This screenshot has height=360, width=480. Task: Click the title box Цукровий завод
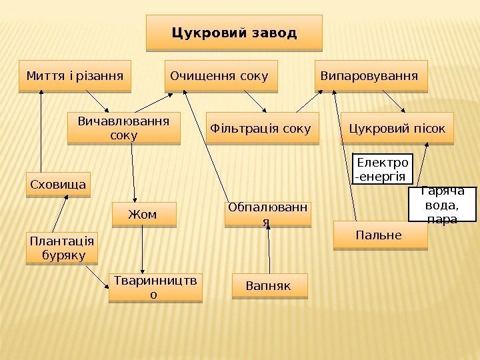[233, 33]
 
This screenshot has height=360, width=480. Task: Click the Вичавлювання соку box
[124, 128]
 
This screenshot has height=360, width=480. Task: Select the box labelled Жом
[144, 215]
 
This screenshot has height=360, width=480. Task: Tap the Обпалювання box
[267, 213]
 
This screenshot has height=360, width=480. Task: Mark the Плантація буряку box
[60, 247]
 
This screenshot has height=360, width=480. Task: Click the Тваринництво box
[155, 287]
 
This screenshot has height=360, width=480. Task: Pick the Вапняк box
[269, 285]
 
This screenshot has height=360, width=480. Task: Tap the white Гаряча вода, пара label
[443, 203]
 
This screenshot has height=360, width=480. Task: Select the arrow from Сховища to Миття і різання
[41, 130]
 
